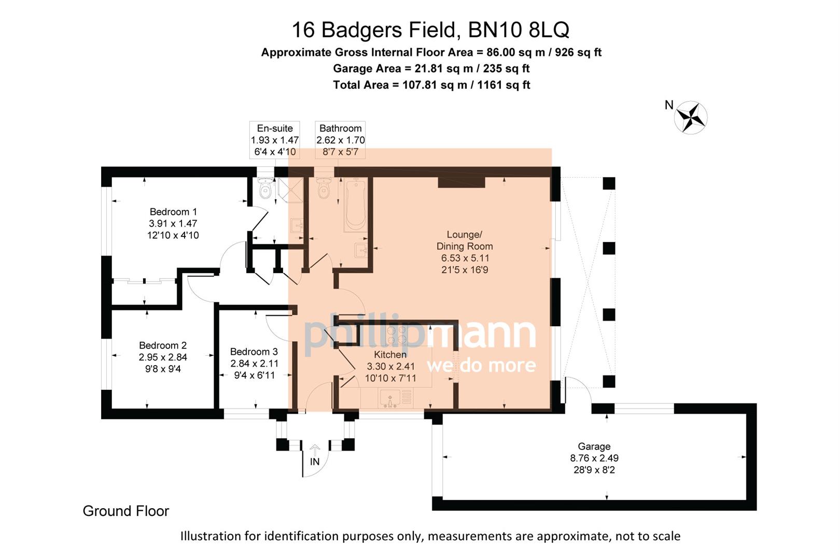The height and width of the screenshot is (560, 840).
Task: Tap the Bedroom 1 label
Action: tap(173, 212)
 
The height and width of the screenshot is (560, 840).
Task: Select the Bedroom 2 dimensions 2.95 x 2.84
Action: tap(163, 357)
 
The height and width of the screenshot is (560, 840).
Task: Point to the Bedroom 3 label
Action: tap(254, 352)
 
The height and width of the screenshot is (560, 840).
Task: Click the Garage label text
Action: tap(594, 446)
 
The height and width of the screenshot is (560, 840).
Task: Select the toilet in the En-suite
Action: tap(266, 188)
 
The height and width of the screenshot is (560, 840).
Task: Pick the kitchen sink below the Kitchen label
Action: tap(389, 398)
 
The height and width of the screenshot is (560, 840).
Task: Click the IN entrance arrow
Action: tap(315, 451)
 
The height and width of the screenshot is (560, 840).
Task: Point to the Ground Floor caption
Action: tap(126, 511)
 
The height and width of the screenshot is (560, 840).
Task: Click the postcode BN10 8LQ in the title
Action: tap(519, 30)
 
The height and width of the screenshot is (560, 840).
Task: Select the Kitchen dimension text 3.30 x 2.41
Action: tap(390, 366)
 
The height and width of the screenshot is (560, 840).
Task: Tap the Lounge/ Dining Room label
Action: tap(465, 241)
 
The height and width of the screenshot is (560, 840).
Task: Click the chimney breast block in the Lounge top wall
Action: tap(461, 182)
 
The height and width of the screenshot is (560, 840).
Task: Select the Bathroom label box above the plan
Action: tap(340, 139)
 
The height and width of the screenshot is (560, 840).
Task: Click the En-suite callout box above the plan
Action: tap(275, 139)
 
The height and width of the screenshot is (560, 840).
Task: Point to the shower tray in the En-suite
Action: tap(289, 190)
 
